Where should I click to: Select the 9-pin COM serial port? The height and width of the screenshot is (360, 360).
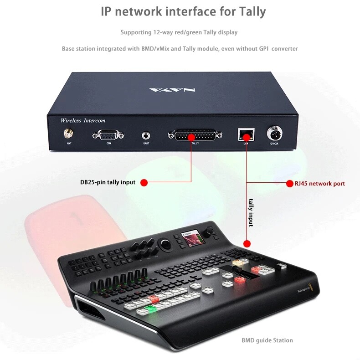(108, 135)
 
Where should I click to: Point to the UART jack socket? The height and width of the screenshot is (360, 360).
(146, 135)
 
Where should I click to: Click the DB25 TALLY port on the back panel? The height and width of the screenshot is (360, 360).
(195, 135)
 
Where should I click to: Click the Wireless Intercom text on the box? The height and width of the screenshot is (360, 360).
(83, 120)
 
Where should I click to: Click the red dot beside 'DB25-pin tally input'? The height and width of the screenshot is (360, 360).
(144, 182)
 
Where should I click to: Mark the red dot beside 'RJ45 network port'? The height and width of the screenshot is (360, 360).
(290, 184)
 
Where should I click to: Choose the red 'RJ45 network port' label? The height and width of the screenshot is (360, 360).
(320, 184)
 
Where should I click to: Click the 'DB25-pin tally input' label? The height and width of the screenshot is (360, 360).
(108, 182)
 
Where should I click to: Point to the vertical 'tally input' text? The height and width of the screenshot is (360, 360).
(251, 212)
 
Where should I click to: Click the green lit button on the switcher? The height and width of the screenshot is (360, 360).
(148, 310)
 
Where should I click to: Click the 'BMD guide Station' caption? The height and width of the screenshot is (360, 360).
(267, 340)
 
